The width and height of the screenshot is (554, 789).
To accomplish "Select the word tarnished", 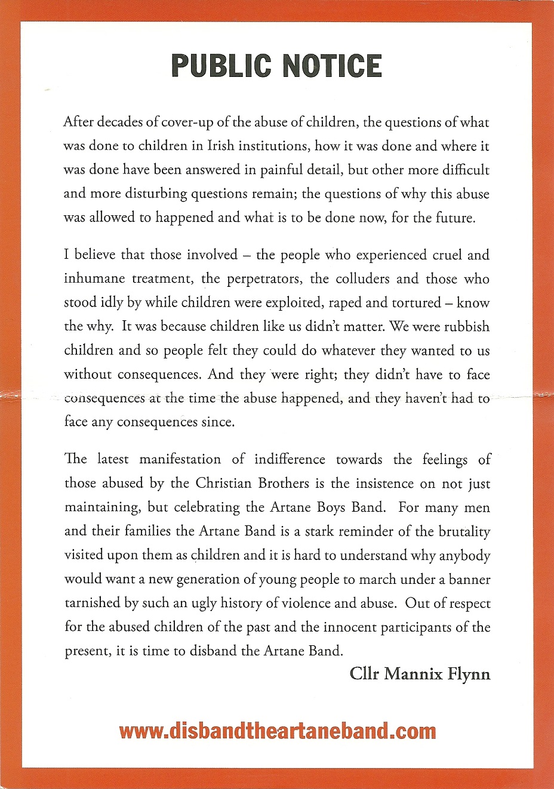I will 92,603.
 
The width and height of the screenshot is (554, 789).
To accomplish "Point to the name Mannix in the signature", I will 413,674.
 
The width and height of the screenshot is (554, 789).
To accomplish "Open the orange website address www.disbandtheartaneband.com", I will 277,731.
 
